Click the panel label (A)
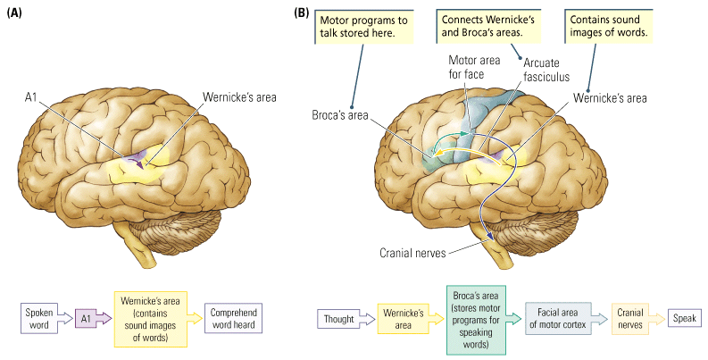pos(15,13)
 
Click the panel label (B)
pos(302,13)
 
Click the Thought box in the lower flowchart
pos(337,319)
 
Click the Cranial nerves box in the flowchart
pos(631,319)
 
